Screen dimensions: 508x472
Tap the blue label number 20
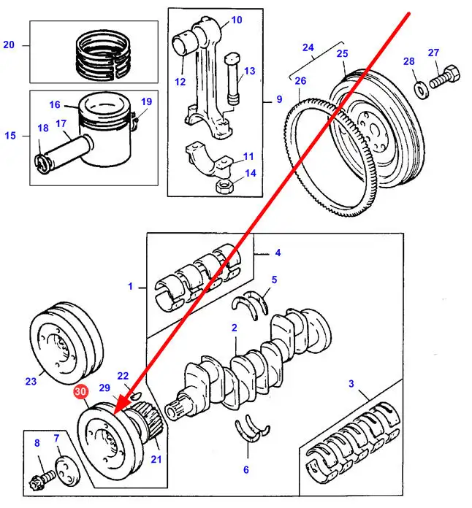pyautogui.click(x=9, y=45)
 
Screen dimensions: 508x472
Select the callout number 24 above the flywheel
pyautogui.click(x=308, y=49)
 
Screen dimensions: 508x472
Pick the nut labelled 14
pyautogui.click(x=224, y=185)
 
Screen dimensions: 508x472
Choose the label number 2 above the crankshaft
pyautogui.click(x=235, y=328)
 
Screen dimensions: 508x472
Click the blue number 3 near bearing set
pyautogui.click(x=351, y=384)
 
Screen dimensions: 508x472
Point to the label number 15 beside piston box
pyautogui.click(x=9, y=135)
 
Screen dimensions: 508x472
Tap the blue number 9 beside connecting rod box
pyautogui.click(x=279, y=100)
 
